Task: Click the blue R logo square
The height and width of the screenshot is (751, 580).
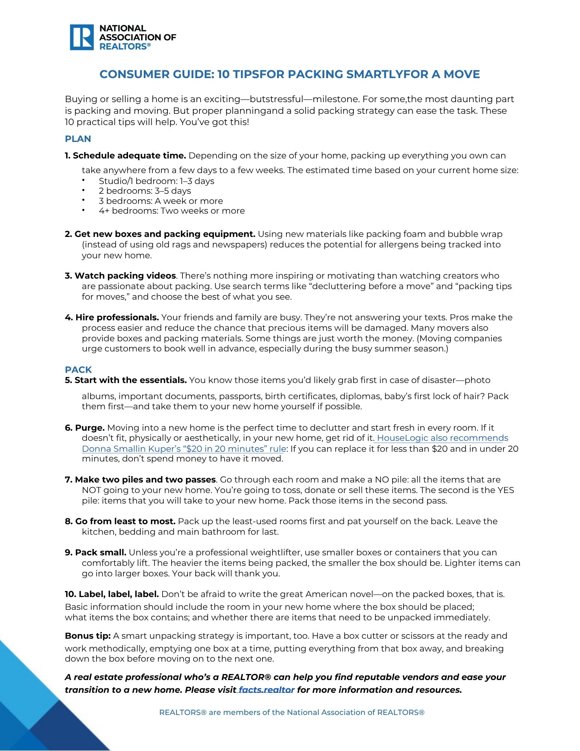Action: (x=81, y=37)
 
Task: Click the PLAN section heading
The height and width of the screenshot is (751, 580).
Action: (x=78, y=139)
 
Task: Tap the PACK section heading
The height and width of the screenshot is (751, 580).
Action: (x=78, y=369)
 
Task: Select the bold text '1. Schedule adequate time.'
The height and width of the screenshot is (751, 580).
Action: (x=125, y=155)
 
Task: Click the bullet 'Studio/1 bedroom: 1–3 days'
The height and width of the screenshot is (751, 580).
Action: (x=156, y=181)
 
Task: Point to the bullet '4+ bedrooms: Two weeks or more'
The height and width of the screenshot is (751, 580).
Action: (x=172, y=211)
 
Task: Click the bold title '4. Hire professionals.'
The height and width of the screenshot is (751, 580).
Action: (x=112, y=317)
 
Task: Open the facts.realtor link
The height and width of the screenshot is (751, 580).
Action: (x=266, y=690)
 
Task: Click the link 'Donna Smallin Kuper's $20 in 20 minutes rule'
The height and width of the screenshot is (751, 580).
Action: (x=184, y=449)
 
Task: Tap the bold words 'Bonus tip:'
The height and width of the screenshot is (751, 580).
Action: (x=87, y=636)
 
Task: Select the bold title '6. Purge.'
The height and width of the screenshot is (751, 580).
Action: (x=84, y=428)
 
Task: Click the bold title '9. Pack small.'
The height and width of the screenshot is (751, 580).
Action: (x=95, y=552)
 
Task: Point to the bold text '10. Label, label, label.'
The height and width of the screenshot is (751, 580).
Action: (x=112, y=594)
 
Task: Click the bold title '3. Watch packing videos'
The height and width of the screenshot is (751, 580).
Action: (x=120, y=276)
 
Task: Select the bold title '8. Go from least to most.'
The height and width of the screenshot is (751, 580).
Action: (x=120, y=521)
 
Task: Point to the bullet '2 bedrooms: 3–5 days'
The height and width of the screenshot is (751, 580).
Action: (x=145, y=191)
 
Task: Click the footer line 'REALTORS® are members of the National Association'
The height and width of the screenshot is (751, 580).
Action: (x=292, y=712)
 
